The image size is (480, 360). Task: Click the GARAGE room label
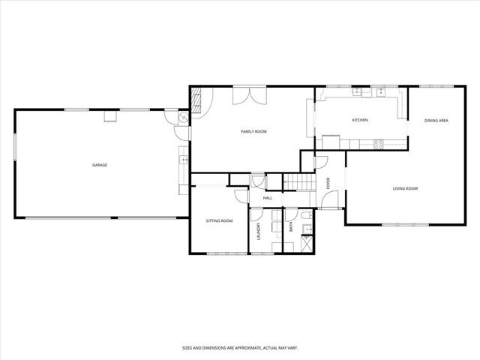coord(100,165)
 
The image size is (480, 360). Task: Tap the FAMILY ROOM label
coord(253,131)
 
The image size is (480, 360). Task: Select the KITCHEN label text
coord(360,120)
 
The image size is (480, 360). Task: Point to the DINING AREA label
coord(436,120)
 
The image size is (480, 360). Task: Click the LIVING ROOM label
coord(405,188)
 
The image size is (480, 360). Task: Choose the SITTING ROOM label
coord(220,220)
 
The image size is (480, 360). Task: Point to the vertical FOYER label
coord(328,183)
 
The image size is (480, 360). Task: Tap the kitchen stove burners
coord(378,142)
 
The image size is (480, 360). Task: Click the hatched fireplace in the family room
coord(196,100)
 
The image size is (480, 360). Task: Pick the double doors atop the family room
coord(248,96)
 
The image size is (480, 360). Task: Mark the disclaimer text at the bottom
coord(239,347)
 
